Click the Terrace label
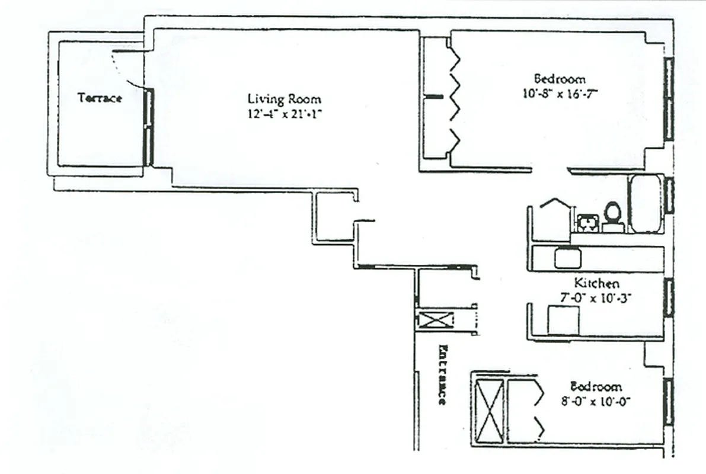pyautogui.click(x=100, y=98)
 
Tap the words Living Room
pyautogui.click(x=284, y=99)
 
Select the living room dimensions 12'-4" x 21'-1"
pyautogui.click(x=284, y=114)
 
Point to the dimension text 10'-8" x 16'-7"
pyautogui.click(x=560, y=93)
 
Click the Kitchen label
pyautogui.click(x=596, y=283)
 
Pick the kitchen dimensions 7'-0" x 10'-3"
pyautogui.click(x=596, y=298)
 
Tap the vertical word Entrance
pyautogui.click(x=442, y=374)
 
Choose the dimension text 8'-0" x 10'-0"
pyautogui.click(x=595, y=401)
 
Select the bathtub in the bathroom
pyautogui.click(x=645, y=204)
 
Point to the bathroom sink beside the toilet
pyautogui.click(x=587, y=223)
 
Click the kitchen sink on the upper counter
pyautogui.click(x=567, y=258)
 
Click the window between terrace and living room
pyautogui.click(x=149, y=127)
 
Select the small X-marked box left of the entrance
pyautogui.click(x=435, y=319)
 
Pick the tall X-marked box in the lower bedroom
pyautogui.click(x=489, y=409)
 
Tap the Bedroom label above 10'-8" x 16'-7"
pyautogui.click(x=560, y=78)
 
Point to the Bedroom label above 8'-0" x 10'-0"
pyautogui.click(x=595, y=386)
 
